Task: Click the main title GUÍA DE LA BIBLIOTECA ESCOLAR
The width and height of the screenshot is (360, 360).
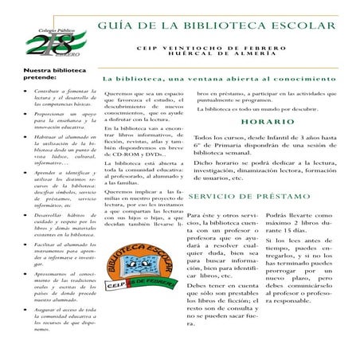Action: pyautogui.click(x=217, y=26)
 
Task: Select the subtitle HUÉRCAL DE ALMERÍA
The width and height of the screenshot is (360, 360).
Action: pyautogui.click(x=217, y=56)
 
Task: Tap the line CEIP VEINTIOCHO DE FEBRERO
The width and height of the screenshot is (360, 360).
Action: pyautogui.click(x=217, y=47)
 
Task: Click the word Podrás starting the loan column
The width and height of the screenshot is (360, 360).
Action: pyautogui.click(x=281, y=214)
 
